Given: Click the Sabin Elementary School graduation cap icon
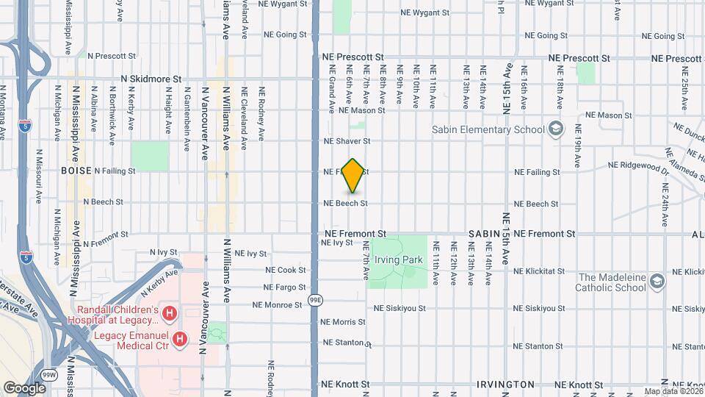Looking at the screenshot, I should click(x=557, y=130).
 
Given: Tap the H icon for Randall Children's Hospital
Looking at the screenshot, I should click(x=170, y=315).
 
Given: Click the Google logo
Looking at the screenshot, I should click(x=24, y=387).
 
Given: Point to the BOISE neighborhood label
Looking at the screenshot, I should click(x=76, y=171).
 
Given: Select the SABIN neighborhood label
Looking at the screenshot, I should click(x=484, y=233).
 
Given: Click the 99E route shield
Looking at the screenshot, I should click(x=315, y=300).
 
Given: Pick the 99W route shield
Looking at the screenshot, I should click(x=49, y=374).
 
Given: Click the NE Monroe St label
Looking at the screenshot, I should click(x=277, y=304).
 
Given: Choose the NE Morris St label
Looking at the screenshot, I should click(x=344, y=322).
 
